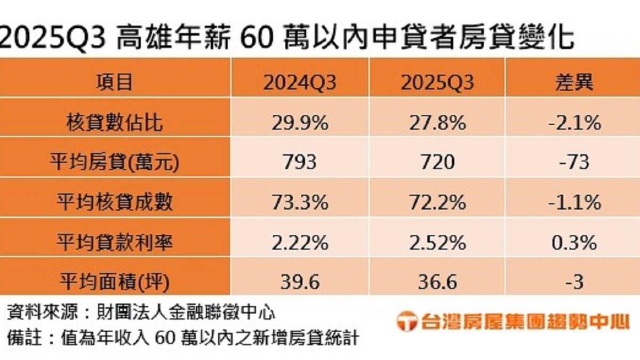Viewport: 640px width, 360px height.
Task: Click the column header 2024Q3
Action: tap(299, 83)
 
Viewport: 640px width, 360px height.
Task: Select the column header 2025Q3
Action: tap(437, 83)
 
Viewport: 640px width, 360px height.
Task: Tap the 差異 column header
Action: tap(573, 83)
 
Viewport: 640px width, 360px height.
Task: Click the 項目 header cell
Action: tap(114, 83)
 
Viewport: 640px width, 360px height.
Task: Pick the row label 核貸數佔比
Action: tap(114, 123)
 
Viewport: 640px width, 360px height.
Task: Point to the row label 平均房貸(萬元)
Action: tap(114, 162)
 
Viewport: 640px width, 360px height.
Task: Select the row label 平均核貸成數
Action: tap(114, 202)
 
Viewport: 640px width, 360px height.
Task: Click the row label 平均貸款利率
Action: tap(114, 242)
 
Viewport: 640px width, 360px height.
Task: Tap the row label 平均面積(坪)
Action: tap(114, 281)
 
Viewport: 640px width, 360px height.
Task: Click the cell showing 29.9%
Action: tap(299, 123)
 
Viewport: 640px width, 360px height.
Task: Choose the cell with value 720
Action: tap(437, 162)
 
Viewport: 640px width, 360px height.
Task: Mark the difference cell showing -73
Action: tap(573, 162)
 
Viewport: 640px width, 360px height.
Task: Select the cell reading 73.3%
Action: tap(299, 202)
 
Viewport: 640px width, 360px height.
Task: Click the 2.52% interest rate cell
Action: tap(437, 242)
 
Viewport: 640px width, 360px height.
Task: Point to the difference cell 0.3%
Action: tap(573, 242)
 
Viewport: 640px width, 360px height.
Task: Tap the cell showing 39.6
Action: tap(299, 281)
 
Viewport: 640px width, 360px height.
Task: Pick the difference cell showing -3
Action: tap(573, 281)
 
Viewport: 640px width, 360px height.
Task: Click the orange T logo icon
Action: tap(406, 322)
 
